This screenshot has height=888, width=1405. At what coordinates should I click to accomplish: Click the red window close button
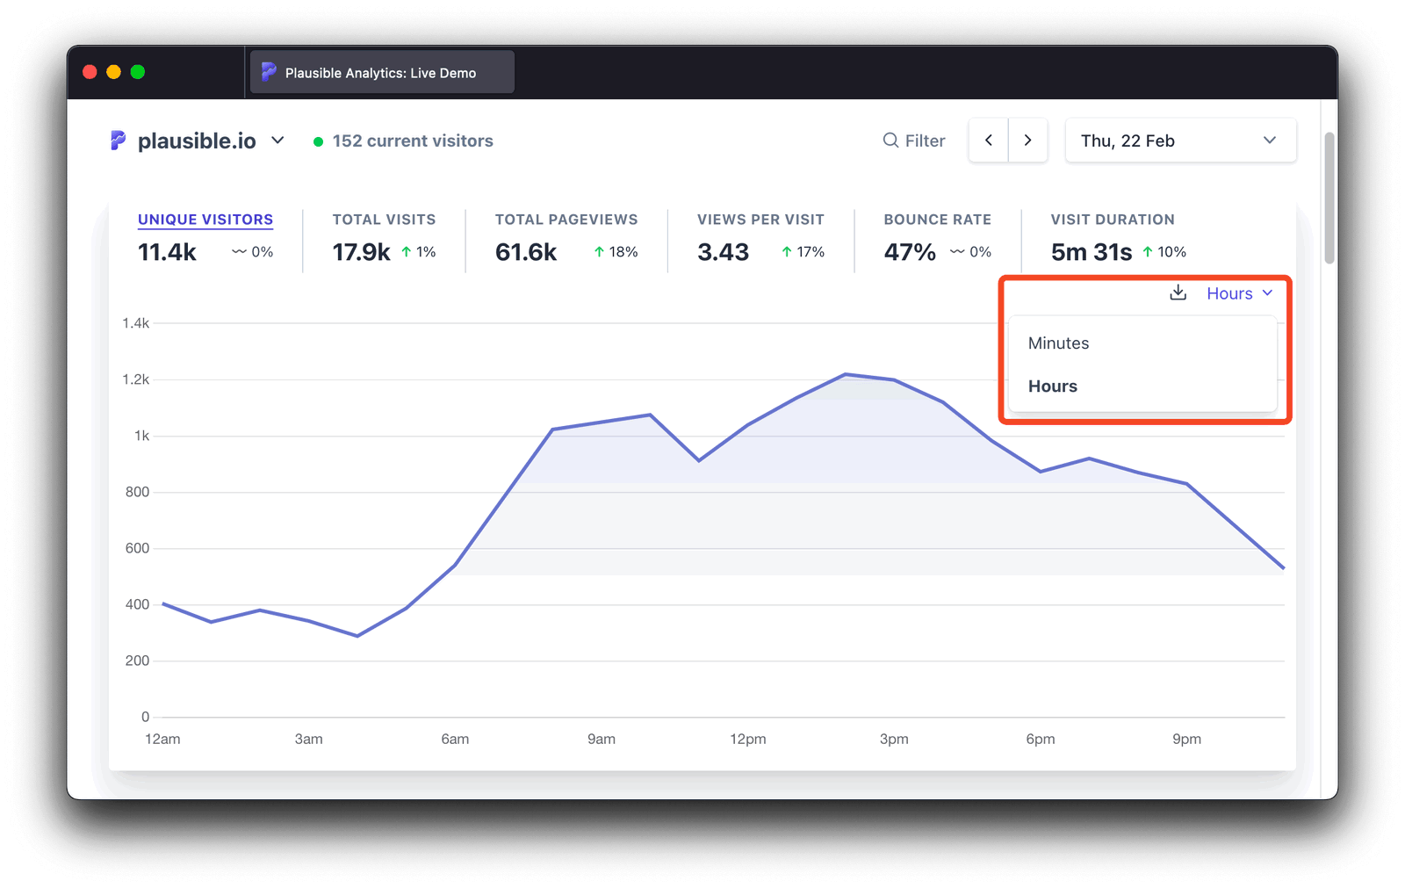90,72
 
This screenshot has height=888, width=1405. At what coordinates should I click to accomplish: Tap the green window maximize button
138,72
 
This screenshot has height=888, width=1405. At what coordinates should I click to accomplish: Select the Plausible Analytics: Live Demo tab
381,73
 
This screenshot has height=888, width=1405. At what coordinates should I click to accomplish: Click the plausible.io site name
197,141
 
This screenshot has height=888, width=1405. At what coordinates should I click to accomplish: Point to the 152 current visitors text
412,141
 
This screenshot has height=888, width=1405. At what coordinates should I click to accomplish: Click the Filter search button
914,141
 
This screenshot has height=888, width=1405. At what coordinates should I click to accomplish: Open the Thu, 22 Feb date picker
1179,141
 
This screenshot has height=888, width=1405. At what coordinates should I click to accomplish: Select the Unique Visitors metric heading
205,220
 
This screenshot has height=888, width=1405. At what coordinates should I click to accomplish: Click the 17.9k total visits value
361,252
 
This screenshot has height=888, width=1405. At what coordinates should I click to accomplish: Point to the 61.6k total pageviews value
526,252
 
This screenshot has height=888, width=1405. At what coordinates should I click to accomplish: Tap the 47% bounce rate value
910,252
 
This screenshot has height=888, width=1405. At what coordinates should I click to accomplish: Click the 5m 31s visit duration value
1092,252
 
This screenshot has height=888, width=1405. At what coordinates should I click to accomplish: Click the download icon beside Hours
1178,293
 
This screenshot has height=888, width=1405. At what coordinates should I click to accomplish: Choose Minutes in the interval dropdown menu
1059,343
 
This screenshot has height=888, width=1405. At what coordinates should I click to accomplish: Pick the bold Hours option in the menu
1053,386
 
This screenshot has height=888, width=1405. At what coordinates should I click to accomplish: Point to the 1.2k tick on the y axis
136,379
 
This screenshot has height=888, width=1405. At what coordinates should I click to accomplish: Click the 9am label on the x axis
602,740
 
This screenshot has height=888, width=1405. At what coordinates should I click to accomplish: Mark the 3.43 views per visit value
724,252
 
